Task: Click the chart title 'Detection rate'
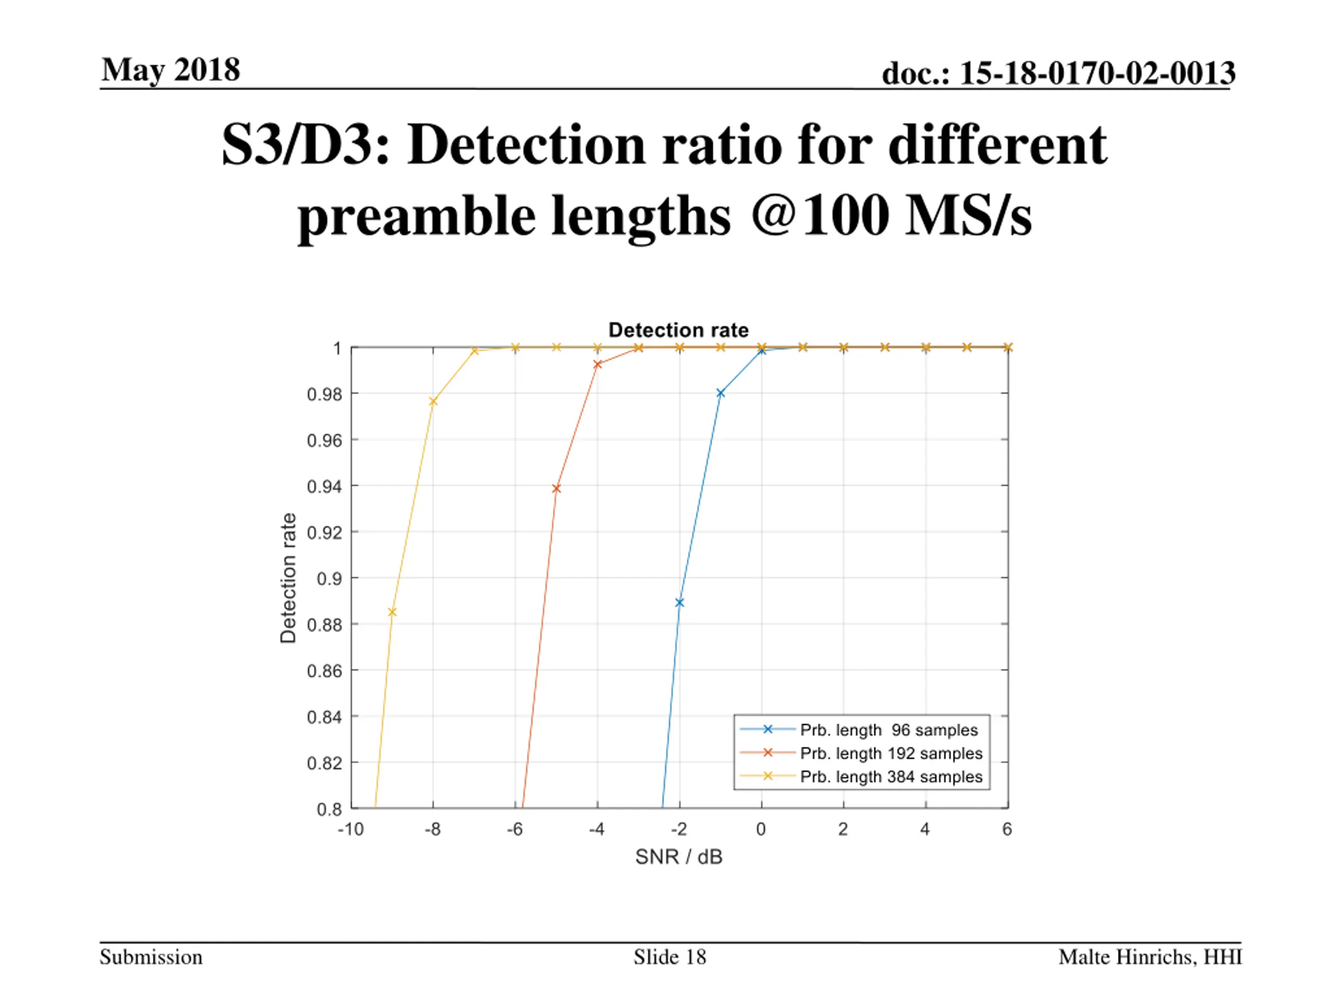click(678, 330)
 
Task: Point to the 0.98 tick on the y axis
click(324, 395)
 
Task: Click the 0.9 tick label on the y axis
click(329, 579)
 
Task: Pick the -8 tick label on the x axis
click(432, 830)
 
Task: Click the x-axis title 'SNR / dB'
click(678, 857)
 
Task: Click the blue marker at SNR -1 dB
click(720, 393)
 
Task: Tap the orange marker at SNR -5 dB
click(556, 489)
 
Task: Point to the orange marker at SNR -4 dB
click(597, 364)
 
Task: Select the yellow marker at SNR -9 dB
click(392, 612)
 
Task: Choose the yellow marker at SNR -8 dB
click(433, 401)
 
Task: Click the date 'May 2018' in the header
click(171, 70)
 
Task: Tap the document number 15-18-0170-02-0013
click(1058, 73)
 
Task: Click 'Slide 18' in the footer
click(669, 957)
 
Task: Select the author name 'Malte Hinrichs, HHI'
click(1150, 957)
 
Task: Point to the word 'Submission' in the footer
click(151, 957)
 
